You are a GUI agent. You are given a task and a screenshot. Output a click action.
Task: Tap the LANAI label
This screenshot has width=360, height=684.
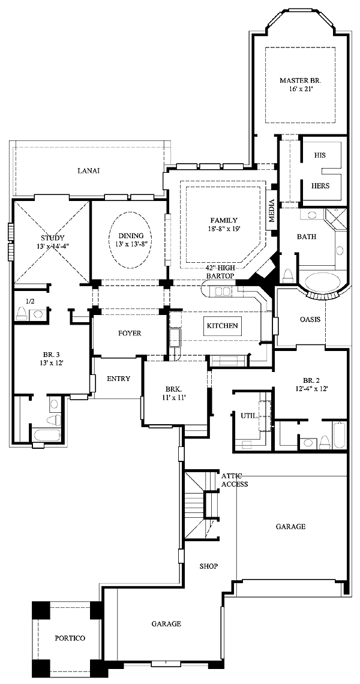pyautogui.click(x=89, y=170)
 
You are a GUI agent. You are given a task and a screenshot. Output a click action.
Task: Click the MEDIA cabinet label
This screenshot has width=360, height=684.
pyautogui.click(x=271, y=210)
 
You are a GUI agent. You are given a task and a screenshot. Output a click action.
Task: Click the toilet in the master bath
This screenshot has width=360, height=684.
pyautogui.click(x=288, y=275)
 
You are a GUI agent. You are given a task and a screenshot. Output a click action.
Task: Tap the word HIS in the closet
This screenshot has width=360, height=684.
pyautogui.click(x=320, y=155)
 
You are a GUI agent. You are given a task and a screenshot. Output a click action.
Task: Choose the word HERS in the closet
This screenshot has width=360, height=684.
pyautogui.click(x=320, y=185)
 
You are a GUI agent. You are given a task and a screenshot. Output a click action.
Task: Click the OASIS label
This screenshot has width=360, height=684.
pyautogui.click(x=310, y=319)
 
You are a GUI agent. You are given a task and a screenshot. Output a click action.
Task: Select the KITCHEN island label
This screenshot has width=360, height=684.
pyautogui.click(x=222, y=325)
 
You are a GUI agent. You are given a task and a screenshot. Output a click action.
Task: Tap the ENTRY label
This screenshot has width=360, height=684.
pyautogui.click(x=118, y=379)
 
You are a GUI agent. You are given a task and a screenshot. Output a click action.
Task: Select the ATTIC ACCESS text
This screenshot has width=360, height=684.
pyautogui.click(x=235, y=480)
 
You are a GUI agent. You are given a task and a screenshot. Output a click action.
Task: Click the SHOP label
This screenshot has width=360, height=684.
pyautogui.click(x=209, y=566)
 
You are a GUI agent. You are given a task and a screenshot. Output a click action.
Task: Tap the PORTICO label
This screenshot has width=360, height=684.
pyautogui.click(x=70, y=638)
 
